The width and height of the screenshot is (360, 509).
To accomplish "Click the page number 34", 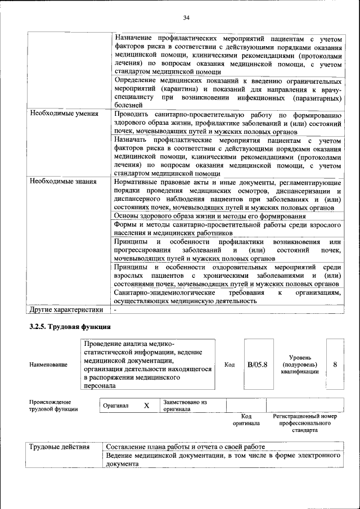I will click(186, 18).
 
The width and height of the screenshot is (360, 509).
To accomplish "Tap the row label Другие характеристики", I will click(66, 309).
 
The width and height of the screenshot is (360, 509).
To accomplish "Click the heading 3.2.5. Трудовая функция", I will click(70, 327).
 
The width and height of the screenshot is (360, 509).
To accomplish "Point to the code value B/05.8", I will click(257, 364).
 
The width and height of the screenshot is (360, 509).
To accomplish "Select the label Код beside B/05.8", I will click(229, 364).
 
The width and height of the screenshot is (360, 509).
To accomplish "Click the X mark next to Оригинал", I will click(146, 406).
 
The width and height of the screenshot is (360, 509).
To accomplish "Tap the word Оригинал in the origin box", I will click(116, 406).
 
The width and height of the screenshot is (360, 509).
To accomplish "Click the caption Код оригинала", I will click(246, 420).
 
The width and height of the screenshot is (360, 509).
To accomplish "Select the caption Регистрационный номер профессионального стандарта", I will click(304, 423).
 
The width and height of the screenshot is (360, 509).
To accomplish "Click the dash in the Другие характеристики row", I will click(115, 309).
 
